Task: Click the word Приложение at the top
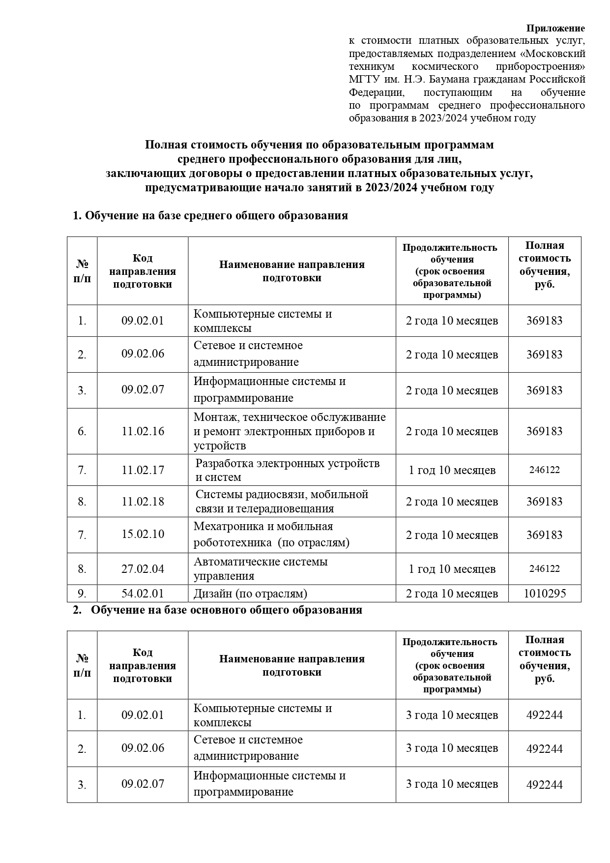tap(555, 28)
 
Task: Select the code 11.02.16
tap(143, 431)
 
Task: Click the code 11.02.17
tap(143, 470)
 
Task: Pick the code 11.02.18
tap(143, 502)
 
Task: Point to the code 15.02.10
tap(143, 534)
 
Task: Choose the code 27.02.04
tap(143, 569)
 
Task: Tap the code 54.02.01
tap(143, 594)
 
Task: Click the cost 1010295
tap(545, 594)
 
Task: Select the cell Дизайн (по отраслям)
tap(250, 594)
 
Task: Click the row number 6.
tap(82, 431)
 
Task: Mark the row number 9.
tap(82, 594)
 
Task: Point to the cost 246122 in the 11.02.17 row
tap(545, 470)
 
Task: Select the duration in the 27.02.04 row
tap(452, 569)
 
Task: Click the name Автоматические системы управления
tap(261, 569)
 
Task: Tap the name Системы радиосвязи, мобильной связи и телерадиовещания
tap(282, 502)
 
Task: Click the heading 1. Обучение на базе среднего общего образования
tap(210, 216)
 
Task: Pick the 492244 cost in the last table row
tap(545, 785)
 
